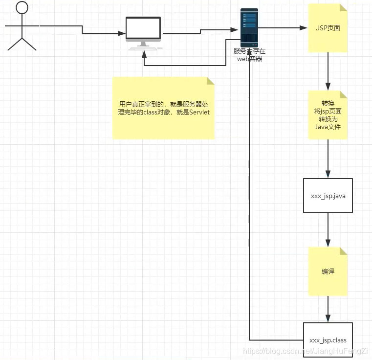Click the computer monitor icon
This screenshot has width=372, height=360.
pos(143,30)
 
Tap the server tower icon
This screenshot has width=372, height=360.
pos(249,27)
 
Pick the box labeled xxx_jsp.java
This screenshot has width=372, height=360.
pos(328,196)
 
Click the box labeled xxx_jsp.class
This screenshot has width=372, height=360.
pos(328,339)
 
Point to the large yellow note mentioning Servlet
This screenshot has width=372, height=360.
pos(163,108)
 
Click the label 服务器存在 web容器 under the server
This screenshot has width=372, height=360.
pos(249,55)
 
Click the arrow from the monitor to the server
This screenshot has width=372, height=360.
pos(200,31)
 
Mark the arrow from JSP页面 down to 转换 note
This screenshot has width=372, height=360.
pos(328,71)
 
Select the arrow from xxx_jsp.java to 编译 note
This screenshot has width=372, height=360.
pos(328,230)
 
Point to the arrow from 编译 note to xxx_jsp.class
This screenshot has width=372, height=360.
pos(328,308)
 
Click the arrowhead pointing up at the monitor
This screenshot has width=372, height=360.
pos(143,54)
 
